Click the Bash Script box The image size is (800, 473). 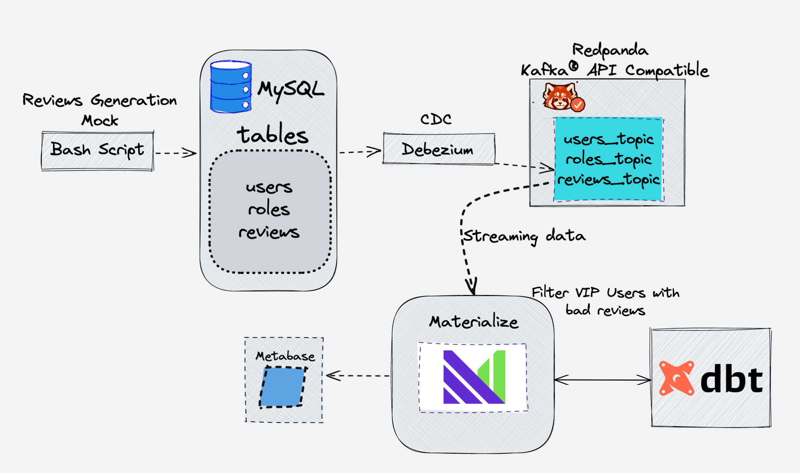[x=97, y=150]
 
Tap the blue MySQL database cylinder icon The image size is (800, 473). [x=230, y=87]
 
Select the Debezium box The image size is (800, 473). [x=439, y=149]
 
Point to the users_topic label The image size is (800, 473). [x=609, y=139]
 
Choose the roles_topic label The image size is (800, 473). [x=609, y=159]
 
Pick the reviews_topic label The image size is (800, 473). [x=609, y=179]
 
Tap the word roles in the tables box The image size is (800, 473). [x=269, y=209]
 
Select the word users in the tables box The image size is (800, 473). [x=269, y=187]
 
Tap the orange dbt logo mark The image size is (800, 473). [x=676, y=378]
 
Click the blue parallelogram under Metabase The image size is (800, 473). [x=282, y=387]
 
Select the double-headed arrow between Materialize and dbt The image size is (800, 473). [x=602, y=380]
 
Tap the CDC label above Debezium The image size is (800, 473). [x=436, y=119]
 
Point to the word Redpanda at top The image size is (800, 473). [x=610, y=50]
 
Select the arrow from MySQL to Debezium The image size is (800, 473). [x=360, y=152]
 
